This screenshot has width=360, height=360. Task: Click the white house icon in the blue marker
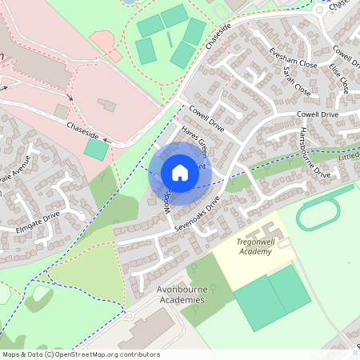coord(179,172)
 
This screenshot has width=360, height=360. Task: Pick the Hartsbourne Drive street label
coord(314,151)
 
